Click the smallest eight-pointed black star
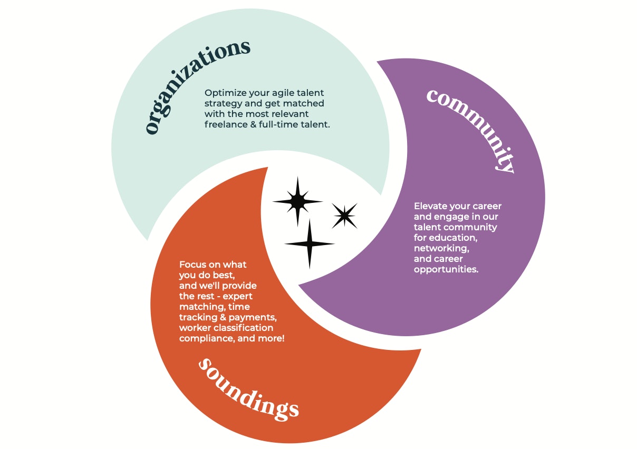(x=344, y=216)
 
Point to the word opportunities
(x=446, y=269)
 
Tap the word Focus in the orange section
(x=192, y=264)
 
